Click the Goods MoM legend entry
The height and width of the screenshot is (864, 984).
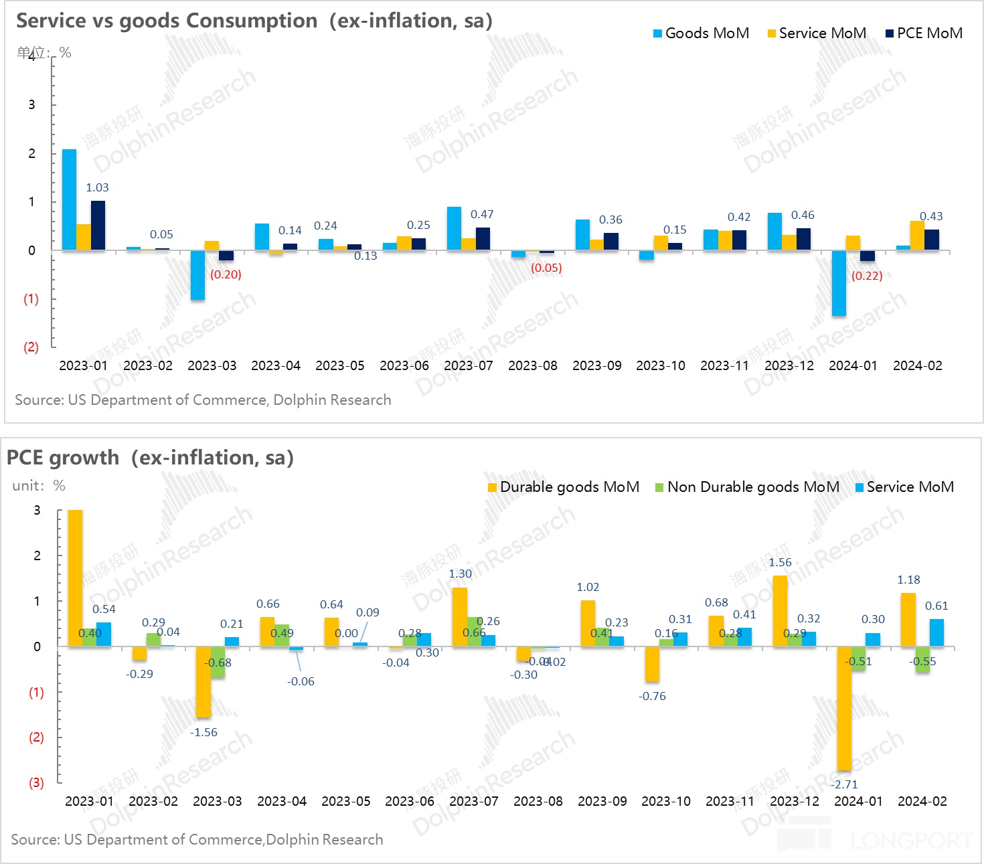(x=701, y=33)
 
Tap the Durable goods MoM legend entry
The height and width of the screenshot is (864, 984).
(x=564, y=487)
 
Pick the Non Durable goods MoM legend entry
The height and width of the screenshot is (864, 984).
(x=747, y=487)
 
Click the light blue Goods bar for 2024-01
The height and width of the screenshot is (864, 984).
(x=839, y=283)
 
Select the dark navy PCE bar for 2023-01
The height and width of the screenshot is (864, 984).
(x=98, y=226)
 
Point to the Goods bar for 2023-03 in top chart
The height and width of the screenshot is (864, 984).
(x=197, y=275)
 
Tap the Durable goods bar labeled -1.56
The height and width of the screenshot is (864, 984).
(x=203, y=681)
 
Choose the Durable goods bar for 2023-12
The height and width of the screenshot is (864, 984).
(x=780, y=611)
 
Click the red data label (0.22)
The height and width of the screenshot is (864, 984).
(x=867, y=276)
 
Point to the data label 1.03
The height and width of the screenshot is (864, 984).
(x=97, y=188)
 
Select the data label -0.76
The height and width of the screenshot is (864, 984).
(x=652, y=697)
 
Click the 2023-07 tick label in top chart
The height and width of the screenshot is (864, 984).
(x=469, y=366)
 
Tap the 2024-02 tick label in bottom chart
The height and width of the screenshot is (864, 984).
(x=922, y=802)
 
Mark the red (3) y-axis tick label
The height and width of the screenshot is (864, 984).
(x=36, y=783)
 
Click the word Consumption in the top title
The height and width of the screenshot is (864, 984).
(x=252, y=21)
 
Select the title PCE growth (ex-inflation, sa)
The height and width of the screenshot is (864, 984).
(x=151, y=458)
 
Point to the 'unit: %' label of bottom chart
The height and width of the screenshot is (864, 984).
(x=39, y=486)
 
